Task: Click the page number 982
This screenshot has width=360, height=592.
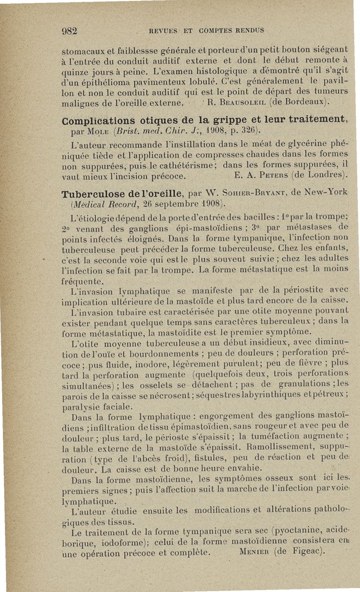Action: [x=70, y=31]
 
